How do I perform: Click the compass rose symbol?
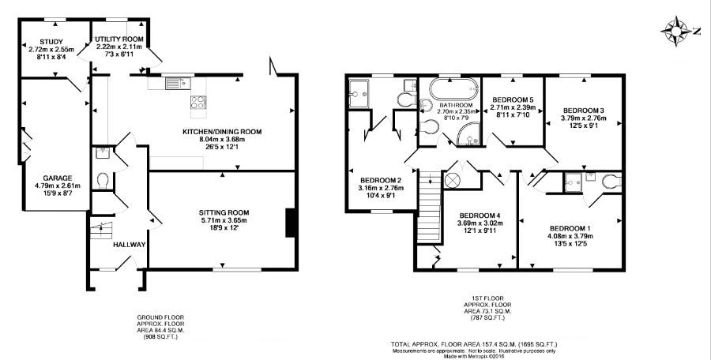tap(675, 32)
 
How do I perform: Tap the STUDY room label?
tap(51, 42)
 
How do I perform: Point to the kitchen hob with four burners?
tap(198, 103)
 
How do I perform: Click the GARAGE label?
tap(58, 178)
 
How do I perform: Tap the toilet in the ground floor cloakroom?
tap(103, 181)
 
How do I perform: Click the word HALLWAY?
tap(130, 245)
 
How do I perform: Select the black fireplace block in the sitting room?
tap(290, 223)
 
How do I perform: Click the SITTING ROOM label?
tap(224, 212)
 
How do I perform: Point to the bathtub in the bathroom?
tap(453, 89)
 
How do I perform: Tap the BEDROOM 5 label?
tap(513, 99)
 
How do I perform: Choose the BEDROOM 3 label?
tap(584, 111)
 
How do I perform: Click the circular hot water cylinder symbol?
tap(452, 180)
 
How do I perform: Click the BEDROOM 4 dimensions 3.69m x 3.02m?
tap(480, 223)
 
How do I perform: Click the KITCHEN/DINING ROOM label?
tap(222, 132)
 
